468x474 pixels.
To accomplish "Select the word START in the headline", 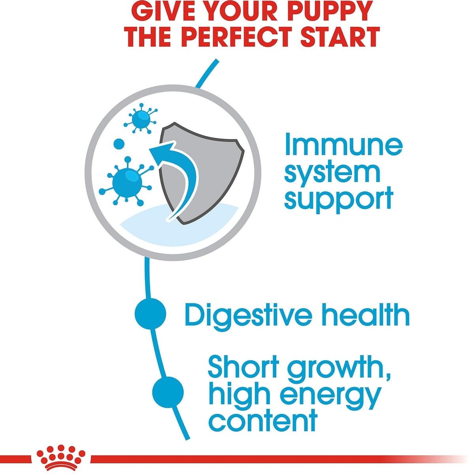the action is (338, 38).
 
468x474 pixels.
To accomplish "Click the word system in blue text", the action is (332, 174).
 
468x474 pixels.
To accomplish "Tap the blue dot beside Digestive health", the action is (151, 313).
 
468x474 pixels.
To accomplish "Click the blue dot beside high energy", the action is (168, 392).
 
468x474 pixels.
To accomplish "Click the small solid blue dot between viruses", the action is (119, 143).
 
